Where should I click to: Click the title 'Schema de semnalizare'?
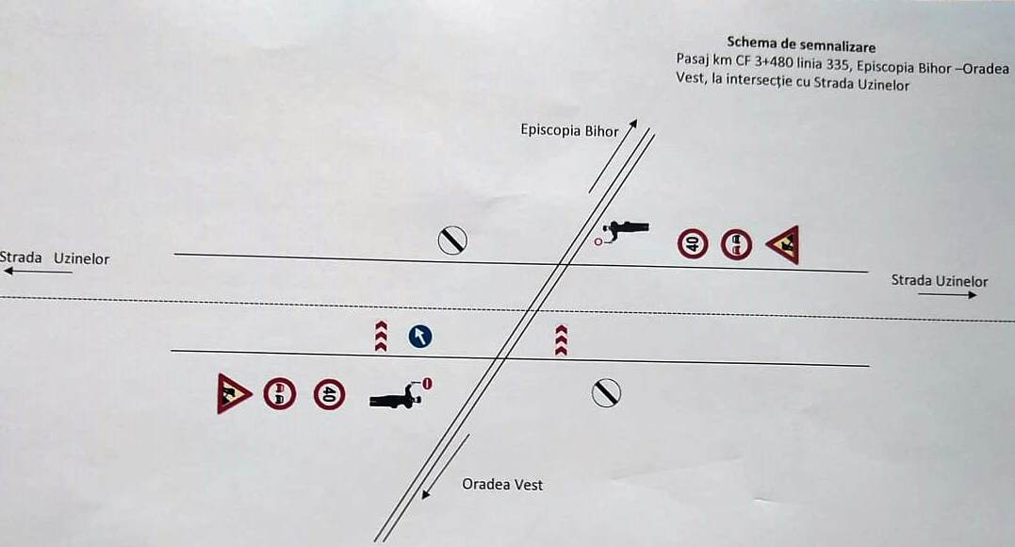pyautogui.click(x=801, y=44)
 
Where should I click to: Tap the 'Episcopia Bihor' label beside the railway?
pyautogui.click(x=569, y=130)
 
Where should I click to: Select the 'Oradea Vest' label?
pyautogui.click(x=502, y=484)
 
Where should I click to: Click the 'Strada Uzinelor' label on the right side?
pyautogui.click(x=940, y=281)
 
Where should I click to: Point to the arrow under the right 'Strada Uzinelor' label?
pyautogui.click(x=948, y=295)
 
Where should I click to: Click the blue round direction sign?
pyautogui.click(x=420, y=337)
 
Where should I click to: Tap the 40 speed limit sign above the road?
pyautogui.click(x=693, y=244)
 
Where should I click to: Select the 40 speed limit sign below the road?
pyautogui.click(x=330, y=394)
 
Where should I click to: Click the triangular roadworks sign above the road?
pyautogui.click(x=783, y=245)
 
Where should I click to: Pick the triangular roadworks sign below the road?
pyautogui.click(x=233, y=393)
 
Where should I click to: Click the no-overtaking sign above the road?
pyautogui.click(x=737, y=245)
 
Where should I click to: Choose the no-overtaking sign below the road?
pyautogui.click(x=280, y=394)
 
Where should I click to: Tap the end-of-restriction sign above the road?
pyautogui.click(x=452, y=240)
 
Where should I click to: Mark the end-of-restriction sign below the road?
pyautogui.click(x=606, y=393)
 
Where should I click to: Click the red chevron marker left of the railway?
pyautogui.click(x=382, y=337)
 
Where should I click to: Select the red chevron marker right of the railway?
pyautogui.click(x=562, y=340)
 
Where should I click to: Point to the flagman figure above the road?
pyautogui.click(x=623, y=231)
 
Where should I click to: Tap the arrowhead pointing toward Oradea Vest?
pyautogui.click(x=425, y=494)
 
